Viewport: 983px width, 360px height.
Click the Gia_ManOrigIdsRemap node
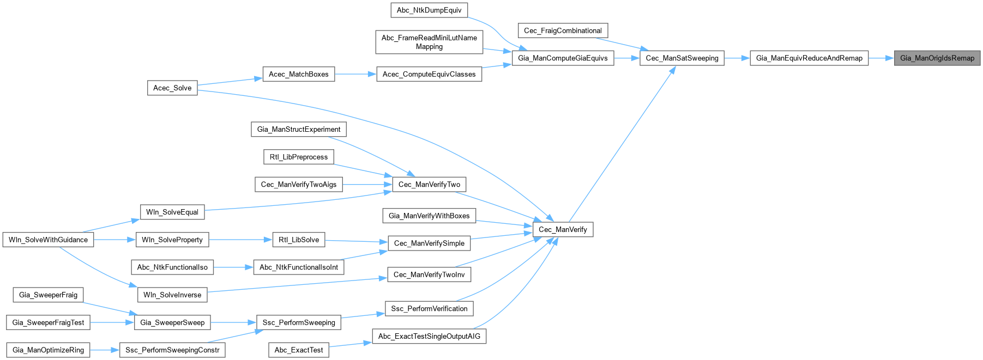coord(937,58)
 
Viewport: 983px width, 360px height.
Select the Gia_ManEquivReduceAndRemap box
coord(809,58)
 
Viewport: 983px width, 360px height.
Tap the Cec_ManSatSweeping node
coord(682,58)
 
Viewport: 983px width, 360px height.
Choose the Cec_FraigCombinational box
coord(563,30)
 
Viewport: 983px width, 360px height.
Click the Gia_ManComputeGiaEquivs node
coord(563,58)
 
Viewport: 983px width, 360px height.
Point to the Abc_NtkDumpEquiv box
coord(429,10)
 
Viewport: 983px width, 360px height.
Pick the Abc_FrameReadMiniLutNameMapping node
coord(429,42)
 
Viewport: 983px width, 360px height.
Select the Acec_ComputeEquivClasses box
coord(429,74)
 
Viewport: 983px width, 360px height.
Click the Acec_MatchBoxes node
coord(298,74)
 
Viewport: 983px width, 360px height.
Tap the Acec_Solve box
coord(172,88)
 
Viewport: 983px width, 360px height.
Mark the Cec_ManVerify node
coord(563,229)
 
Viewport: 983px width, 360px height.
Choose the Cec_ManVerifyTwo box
coord(429,185)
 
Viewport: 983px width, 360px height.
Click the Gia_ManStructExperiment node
coord(299,129)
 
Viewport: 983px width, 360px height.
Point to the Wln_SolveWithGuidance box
coord(48,240)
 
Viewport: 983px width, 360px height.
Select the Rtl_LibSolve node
coord(299,240)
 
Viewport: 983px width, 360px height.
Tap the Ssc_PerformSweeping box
coord(299,322)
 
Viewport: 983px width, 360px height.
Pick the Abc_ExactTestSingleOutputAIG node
coord(429,336)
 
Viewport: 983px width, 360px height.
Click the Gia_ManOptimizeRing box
coord(48,350)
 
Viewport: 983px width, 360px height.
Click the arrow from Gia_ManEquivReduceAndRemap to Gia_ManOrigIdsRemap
coord(881,58)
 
